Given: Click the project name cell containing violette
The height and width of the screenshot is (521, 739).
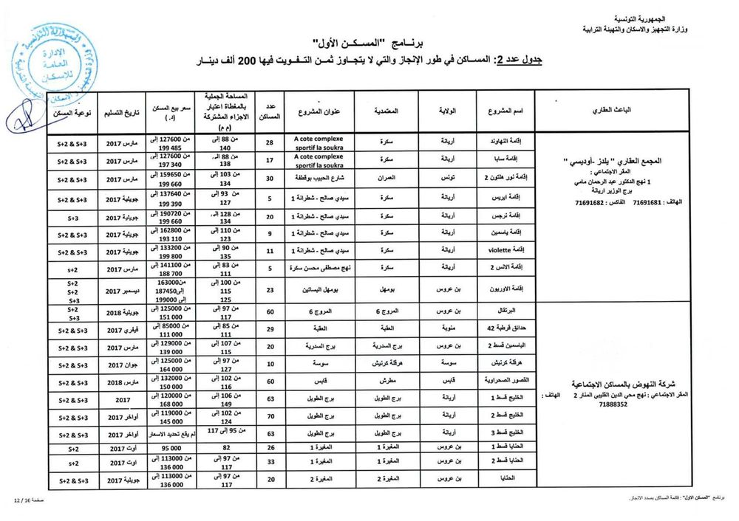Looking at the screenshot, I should coord(507,250).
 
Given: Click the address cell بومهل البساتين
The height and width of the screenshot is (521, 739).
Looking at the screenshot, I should coord(321,291).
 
